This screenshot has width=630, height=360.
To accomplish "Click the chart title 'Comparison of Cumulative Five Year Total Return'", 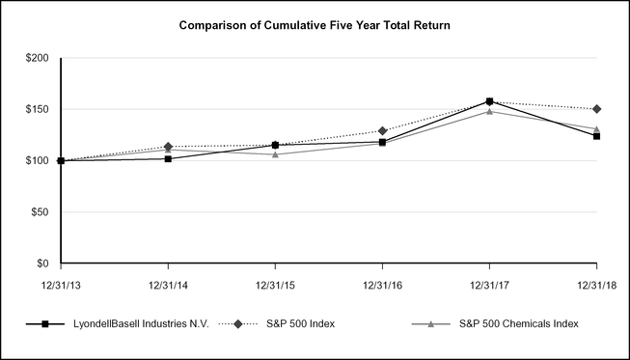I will point(315,24).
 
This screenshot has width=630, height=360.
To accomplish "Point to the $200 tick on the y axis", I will point(38,59).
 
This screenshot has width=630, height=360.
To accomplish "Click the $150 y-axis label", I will point(38,109).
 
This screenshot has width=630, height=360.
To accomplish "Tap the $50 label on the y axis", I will point(41,212).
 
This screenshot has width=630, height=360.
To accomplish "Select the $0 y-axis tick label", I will point(43,263).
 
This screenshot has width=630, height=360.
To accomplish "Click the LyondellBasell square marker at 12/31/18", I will point(596,136).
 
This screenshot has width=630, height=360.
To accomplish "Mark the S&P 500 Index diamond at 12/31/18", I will point(596,109).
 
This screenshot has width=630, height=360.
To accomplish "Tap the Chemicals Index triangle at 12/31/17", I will point(489,111).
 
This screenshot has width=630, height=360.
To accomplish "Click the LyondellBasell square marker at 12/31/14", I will point(168,158).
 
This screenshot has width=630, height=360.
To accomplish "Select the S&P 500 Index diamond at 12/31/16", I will point(382,130).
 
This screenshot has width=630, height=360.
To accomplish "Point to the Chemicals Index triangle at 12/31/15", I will point(275,154).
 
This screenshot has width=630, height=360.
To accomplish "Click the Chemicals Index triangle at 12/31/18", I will point(596,128).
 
